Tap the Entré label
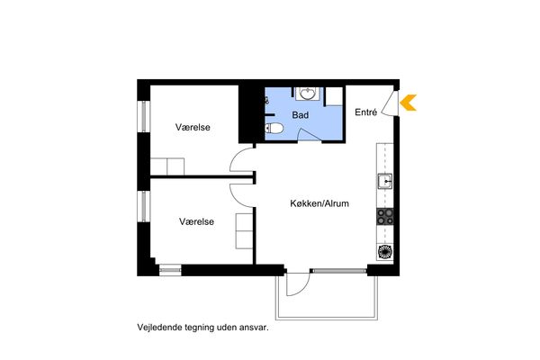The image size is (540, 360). click(365, 112)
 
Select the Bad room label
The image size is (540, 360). click(300, 115)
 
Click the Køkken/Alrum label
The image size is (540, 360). click(319, 203)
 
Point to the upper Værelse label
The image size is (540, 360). click(193, 127)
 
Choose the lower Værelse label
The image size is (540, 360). click(196, 221)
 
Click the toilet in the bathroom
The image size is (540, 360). click(274, 128)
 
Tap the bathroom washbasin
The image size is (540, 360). click(307, 94)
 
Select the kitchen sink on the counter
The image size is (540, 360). click(384, 181)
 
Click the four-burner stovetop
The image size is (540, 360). click(384, 217)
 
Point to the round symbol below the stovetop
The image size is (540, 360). click(384, 252)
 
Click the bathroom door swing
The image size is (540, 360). click(310, 134)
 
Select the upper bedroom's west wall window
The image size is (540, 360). click(144, 116)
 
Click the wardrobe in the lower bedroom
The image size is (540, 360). click(244, 230)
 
